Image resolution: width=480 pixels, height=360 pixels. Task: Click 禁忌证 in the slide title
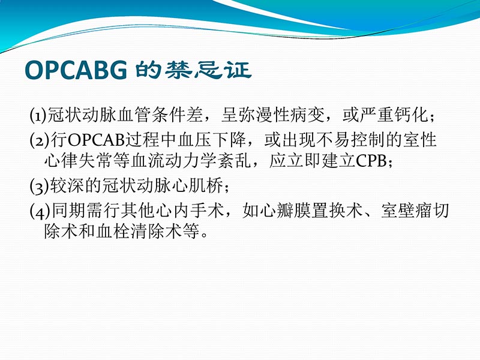[210, 71]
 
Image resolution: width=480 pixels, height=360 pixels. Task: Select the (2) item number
[37, 141]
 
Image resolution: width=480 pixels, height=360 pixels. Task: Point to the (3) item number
[37, 185]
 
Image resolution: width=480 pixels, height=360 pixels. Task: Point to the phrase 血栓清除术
[146, 232]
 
